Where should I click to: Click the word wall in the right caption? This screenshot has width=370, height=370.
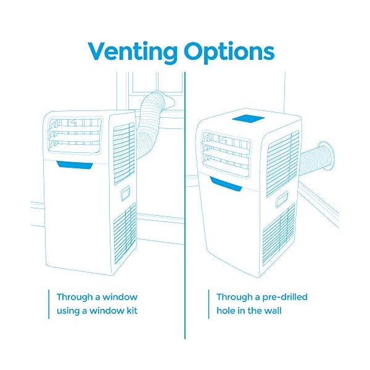270,310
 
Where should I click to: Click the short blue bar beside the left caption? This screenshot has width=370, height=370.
49,303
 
